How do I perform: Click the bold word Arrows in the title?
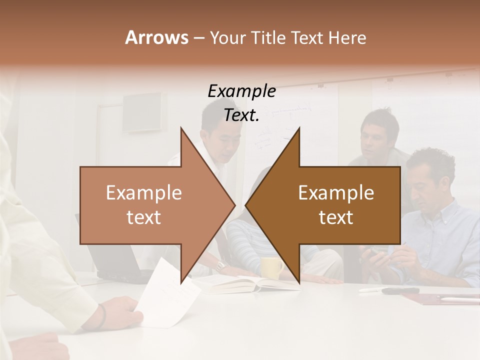[x=156, y=37]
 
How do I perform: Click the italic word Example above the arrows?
[x=241, y=91]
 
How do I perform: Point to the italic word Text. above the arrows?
[x=241, y=115]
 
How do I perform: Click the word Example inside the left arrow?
[x=144, y=193]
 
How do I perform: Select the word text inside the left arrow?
[x=144, y=217]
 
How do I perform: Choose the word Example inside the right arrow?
[x=336, y=193]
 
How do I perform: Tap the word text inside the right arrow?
[x=336, y=217]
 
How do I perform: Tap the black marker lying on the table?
[x=400, y=290]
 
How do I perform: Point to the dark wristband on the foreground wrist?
[x=102, y=316]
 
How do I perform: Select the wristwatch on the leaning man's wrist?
[x=220, y=265]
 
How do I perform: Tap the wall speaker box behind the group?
[x=142, y=111]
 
